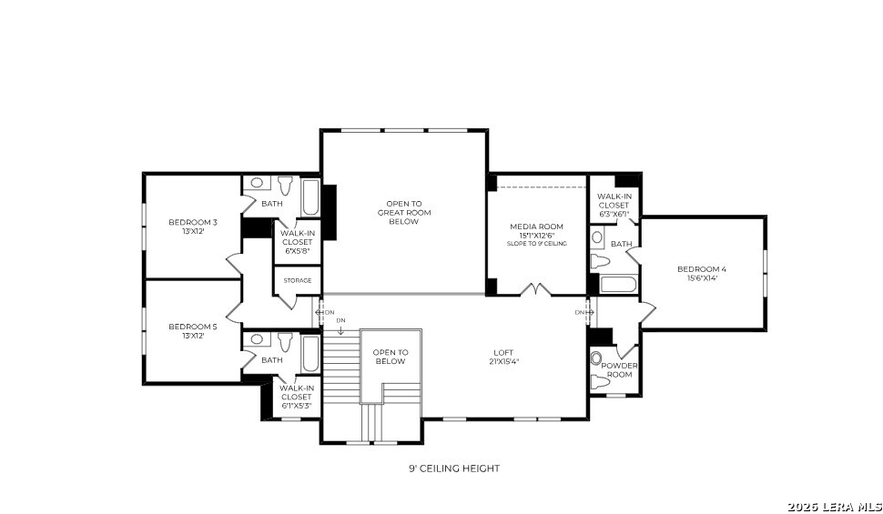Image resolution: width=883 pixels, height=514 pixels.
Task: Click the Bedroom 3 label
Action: (x=193, y=222)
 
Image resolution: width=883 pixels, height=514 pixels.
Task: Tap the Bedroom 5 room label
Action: (x=193, y=327)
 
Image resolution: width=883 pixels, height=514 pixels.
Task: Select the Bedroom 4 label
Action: (x=702, y=269)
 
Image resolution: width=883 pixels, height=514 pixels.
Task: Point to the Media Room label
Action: (x=537, y=227)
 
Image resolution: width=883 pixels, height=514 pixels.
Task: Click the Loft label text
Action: (x=503, y=353)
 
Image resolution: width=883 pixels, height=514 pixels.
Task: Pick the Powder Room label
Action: (x=619, y=370)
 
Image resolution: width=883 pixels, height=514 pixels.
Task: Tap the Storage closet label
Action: (x=298, y=280)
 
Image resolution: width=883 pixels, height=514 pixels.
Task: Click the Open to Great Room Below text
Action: (x=404, y=213)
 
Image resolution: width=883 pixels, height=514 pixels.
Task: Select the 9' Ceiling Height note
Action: (x=454, y=469)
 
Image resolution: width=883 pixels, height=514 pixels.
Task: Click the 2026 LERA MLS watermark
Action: (x=835, y=507)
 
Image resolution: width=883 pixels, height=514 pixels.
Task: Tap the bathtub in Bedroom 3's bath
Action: (x=310, y=197)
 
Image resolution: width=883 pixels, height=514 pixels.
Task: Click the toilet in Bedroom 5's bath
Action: (x=286, y=341)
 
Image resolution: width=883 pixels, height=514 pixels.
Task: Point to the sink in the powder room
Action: (x=596, y=358)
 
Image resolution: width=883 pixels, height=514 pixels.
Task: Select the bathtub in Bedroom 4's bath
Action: (x=618, y=285)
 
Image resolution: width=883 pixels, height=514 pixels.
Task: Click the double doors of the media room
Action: (x=535, y=289)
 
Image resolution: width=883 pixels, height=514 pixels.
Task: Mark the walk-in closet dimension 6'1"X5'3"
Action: (x=297, y=406)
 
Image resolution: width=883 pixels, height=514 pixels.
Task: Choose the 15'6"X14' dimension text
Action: (x=702, y=277)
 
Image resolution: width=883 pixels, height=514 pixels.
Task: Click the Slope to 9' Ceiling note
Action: (x=537, y=244)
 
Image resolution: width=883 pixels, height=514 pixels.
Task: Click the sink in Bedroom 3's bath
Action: (x=257, y=183)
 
